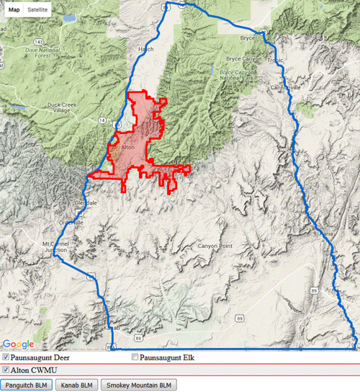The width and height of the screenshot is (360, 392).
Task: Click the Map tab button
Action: (x=14, y=11)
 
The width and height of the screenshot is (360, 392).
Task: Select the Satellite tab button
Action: (x=38, y=11)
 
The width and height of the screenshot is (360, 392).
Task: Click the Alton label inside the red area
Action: (x=128, y=147)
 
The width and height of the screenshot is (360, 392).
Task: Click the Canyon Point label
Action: (x=216, y=246)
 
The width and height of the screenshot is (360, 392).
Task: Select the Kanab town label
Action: (x=110, y=327)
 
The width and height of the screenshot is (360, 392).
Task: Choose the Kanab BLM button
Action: (x=77, y=385)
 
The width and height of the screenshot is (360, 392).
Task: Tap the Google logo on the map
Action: (x=18, y=344)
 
